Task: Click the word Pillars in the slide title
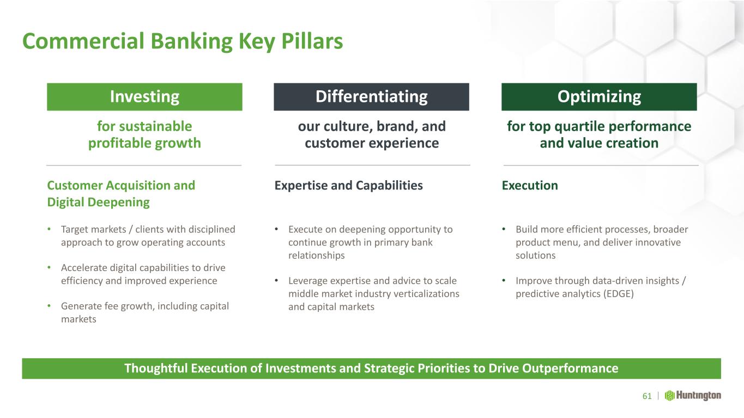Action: pos(312,41)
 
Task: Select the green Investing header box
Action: pos(144,96)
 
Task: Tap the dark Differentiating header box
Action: pos(371,96)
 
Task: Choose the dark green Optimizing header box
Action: pos(599,96)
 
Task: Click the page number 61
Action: pos(647,396)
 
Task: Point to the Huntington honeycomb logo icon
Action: pos(669,396)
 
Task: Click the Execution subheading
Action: pos(530,185)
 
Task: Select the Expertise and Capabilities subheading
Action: pos(348,186)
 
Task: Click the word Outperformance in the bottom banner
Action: pos(570,368)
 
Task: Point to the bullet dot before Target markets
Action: pos(49,229)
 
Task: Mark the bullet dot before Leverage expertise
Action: pos(276,281)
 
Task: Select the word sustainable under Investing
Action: pos(155,126)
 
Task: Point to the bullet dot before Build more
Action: pos(504,229)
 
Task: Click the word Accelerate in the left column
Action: pos(84,268)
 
